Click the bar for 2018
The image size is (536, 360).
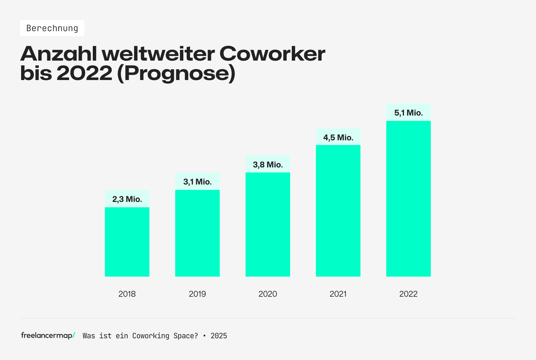[x=127, y=242]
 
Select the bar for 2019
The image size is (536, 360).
[x=197, y=233]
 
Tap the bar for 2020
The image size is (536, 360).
[x=268, y=224]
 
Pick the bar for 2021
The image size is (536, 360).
[x=338, y=211]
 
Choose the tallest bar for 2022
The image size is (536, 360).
[x=408, y=199]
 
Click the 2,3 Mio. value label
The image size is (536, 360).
[x=127, y=199]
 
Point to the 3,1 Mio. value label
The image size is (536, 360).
[x=197, y=182]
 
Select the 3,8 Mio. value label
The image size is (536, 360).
[x=268, y=165]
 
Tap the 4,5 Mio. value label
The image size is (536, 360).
[x=338, y=138]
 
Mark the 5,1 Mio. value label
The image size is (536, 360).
[x=408, y=113]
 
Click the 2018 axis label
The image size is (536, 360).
[x=127, y=294]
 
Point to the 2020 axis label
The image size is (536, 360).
[x=268, y=294]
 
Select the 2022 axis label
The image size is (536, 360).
[x=408, y=294]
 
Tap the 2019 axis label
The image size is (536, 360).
[x=197, y=294]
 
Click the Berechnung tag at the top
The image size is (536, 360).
[x=52, y=28]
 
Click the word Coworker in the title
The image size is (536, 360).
[x=272, y=54]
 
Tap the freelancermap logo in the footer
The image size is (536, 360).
[x=48, y=335]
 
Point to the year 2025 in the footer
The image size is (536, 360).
[x=219, y=336]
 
